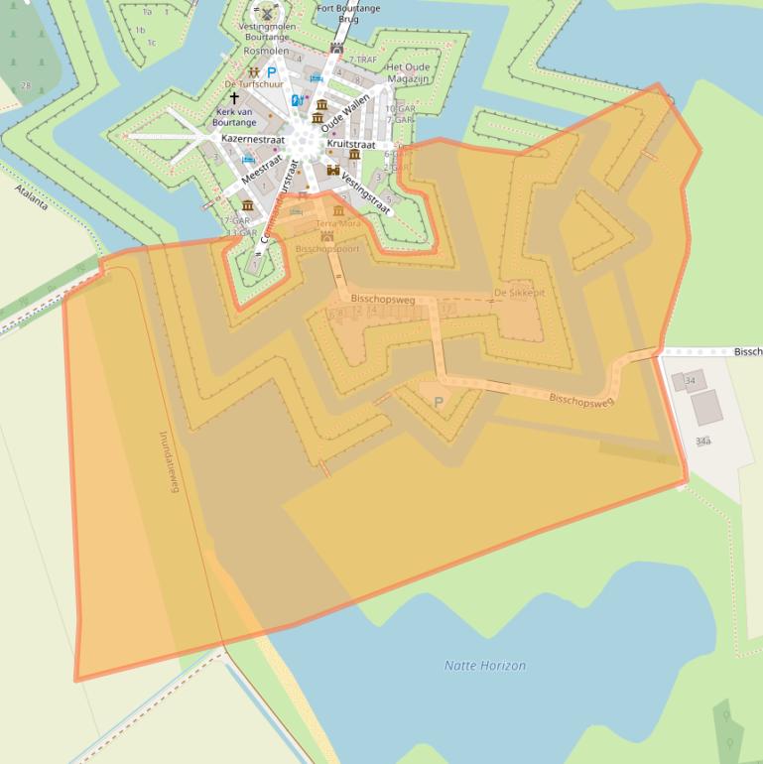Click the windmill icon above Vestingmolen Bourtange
(266, 11)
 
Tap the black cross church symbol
(234, 98)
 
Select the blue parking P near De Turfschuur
(272, 71)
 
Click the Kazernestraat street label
(254, 140)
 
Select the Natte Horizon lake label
(485, 666)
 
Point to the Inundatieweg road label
(169, 460)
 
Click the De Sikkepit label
(519, 293)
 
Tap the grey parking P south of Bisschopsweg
(439, 402)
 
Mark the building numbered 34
(689, 380)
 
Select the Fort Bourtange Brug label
(349, 13)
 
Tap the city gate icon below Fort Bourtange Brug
(337, 48)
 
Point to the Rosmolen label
(266, 51)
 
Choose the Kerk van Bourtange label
(235, 117)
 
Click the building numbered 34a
(703, 440)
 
